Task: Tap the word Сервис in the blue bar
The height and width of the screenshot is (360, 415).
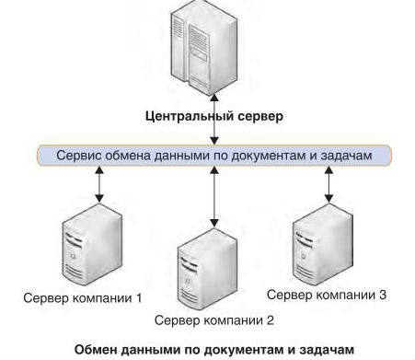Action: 82,156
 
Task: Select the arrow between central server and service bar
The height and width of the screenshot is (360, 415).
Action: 213,110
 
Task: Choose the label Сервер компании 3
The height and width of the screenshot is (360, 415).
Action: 326,295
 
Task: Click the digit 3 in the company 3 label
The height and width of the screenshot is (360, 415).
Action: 381,295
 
